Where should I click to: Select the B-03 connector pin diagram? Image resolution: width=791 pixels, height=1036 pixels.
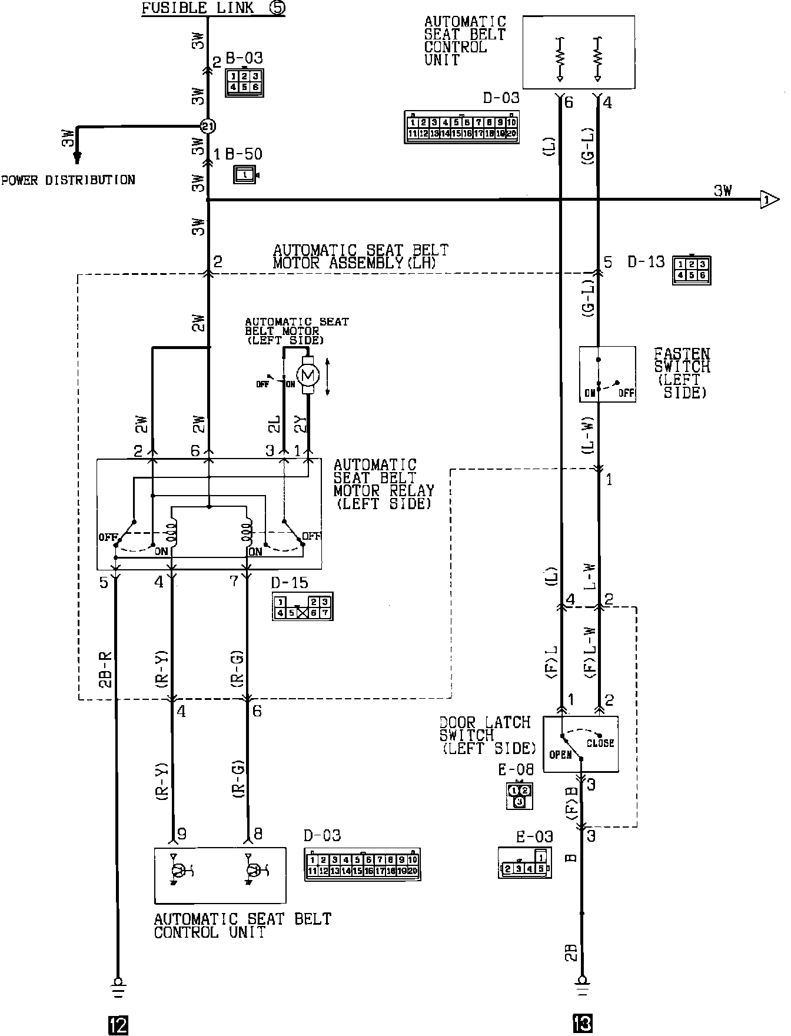(x=244, y=82)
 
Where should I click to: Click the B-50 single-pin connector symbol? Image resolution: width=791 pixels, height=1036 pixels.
(x=245, y=175)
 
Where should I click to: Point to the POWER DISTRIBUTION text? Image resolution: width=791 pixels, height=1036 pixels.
(x=68, y=180)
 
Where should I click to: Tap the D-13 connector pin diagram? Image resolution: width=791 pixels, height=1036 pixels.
(x=692, y=270)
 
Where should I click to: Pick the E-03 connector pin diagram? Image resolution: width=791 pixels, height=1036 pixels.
(x=524, y=863)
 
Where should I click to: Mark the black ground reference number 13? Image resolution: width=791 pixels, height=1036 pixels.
(x=582, y=1025)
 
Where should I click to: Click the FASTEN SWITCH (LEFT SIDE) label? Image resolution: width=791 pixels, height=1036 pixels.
(x=683, y=373)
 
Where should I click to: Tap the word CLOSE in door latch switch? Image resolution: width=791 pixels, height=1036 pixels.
(x=600, y=743)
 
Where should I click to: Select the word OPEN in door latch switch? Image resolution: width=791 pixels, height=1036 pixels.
(x=560, y=755)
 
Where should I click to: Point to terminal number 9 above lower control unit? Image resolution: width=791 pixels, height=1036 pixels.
(x=182, y=834)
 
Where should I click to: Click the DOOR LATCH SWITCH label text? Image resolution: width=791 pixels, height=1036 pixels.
(x=487, y=735)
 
